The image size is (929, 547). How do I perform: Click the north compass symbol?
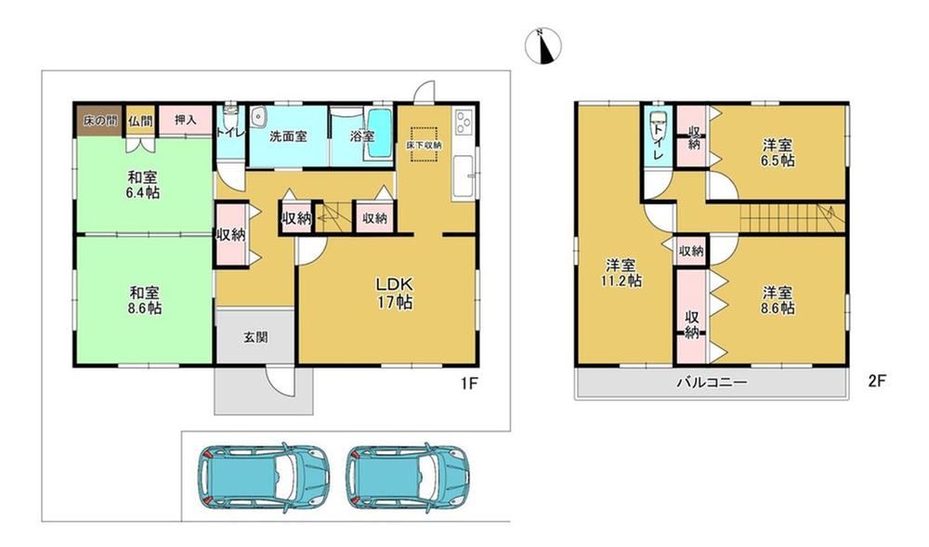pyautogui.click(x=543, y=46)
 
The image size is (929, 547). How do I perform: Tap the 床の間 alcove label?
pyautogui.click(x=99, y=120)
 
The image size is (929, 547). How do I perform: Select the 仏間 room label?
pyautogui.click(x=140, y=121)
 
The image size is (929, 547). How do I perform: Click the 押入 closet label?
pyautogui.click(x=186, y=120)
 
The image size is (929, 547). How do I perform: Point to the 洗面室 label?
pyautogui.click(x=288, y=137)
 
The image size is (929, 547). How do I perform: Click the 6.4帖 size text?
pyautogui.click(x=144, y=192)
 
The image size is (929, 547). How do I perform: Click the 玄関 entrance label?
pyautogui.click(x=255, y=337)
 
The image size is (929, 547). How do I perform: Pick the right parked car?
pyautogui.click(x=409, y=476)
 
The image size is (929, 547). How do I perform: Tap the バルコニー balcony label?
pyautogui.click(x=713, y=383)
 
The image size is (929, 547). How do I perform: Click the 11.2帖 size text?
pyautogui.click(x=621, y=280)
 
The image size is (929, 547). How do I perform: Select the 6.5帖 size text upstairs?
pyautogui.click(x=778, y=161)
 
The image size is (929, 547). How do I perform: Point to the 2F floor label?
pyautogui.click(x=877, y=382)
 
